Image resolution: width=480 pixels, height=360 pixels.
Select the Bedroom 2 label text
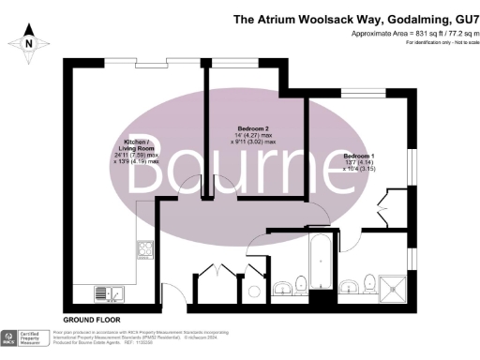(x=253, y=127)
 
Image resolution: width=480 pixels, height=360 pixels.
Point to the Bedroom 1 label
(x=358, y=155)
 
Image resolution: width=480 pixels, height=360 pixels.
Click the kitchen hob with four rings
(x=145, y=248)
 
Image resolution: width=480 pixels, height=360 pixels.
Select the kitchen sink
(x=114, y=293)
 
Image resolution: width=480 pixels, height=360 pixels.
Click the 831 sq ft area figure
(x=403, y=33)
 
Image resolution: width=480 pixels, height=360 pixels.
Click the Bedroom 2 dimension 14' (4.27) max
(x=252, y=136)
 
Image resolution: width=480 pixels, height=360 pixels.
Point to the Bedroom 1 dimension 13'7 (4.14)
(x=358, y=163)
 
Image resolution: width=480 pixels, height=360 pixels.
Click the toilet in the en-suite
(x=369, y=281)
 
